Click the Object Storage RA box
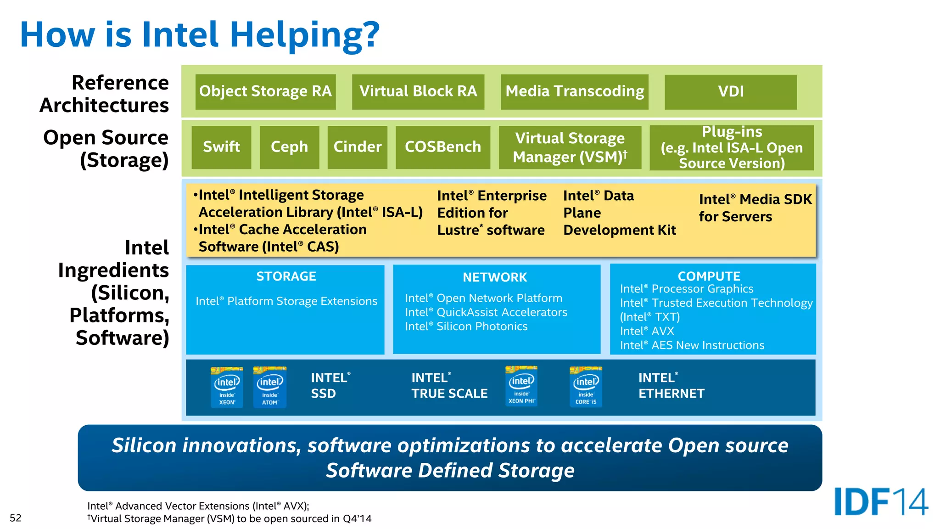point(265,91)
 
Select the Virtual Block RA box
point(418,91)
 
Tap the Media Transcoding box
point(574,91)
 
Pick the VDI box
point(730,91)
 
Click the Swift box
point(221,147)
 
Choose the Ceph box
point(289,147)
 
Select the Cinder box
point(357,147)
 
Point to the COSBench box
point(442,147)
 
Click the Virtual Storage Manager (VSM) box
point(570,147)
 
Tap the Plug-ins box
point(732,147)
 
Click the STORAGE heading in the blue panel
point(286,276)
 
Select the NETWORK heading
point(495,277)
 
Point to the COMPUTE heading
point(709,276)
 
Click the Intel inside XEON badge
point(227,387)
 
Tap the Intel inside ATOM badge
point(270,387)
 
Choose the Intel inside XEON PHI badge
point(521,386)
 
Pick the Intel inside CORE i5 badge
point(586,387)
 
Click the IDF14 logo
point(881,502)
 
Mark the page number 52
point(16,518)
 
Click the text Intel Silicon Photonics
point(466,326)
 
